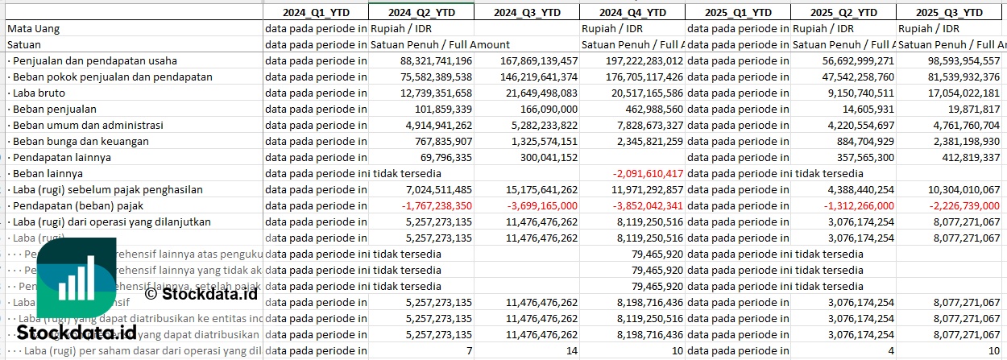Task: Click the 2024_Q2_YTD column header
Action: [421, 12]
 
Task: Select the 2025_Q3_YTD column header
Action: [951, 12]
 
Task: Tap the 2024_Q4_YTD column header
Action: [632, 12]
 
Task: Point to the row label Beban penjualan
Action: [54, 109]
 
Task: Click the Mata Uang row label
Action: [33, 28]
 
